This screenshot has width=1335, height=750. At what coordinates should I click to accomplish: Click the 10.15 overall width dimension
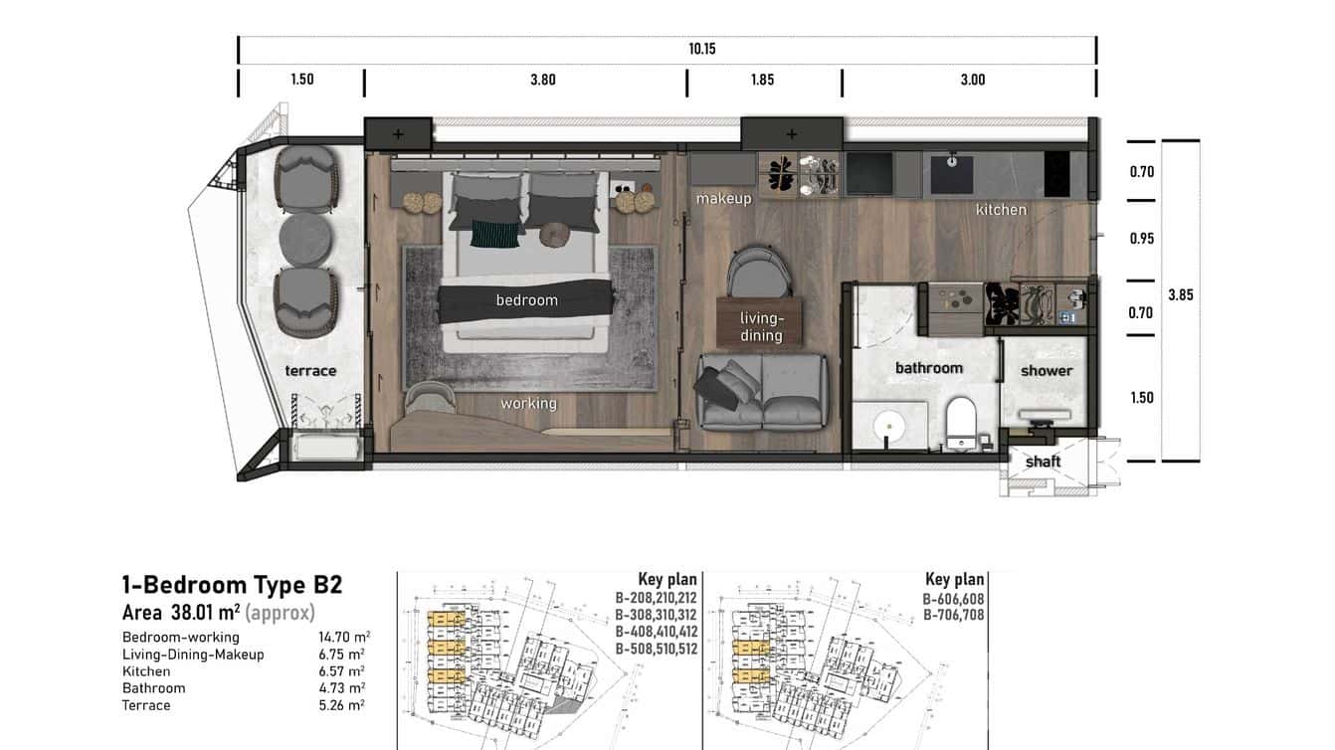701,48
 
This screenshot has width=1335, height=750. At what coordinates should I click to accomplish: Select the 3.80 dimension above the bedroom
542,80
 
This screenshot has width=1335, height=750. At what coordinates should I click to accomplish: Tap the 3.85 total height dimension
1181,295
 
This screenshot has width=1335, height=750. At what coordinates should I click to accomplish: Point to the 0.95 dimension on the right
1141,239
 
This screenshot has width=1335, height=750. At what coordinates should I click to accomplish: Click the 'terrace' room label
310,371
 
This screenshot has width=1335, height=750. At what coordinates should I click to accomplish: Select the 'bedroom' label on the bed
526,300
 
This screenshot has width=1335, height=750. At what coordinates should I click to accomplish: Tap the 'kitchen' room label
1000,210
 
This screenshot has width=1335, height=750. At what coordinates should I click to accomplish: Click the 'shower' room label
1047,371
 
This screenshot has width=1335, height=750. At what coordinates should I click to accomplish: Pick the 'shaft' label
1043,462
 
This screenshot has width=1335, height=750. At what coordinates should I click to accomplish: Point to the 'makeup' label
723,199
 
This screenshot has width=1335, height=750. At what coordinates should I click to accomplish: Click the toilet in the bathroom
961,422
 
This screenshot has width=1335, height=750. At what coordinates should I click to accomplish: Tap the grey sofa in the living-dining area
762,391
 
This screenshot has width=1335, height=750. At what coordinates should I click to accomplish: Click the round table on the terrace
306,240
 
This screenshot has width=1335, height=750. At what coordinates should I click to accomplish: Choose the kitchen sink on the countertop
953,172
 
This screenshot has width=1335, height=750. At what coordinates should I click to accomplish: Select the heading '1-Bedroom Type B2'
232,585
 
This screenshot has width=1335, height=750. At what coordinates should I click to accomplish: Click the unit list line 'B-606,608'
952,599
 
